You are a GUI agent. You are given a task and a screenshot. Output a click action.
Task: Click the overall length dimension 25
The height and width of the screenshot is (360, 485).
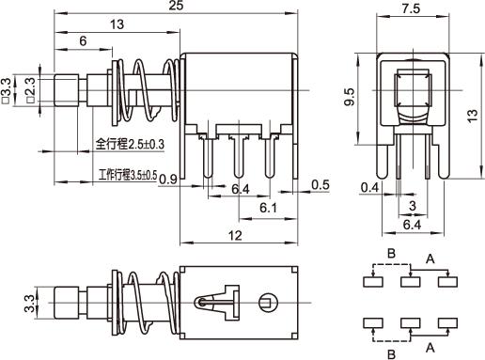pos(176,6)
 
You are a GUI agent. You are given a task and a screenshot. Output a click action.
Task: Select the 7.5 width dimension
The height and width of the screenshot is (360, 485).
pos(411,8)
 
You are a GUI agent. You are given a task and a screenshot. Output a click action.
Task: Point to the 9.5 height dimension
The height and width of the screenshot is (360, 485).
pos(349,97)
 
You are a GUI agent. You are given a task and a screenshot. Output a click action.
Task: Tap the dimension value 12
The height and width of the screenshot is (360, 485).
pos(235,236)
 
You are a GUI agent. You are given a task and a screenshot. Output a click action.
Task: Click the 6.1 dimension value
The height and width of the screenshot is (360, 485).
pos(268,208)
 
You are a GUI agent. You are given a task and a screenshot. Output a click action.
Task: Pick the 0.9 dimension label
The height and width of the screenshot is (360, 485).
pos(168,180)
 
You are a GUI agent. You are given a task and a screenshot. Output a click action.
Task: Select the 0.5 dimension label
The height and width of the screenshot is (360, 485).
pos(321,185)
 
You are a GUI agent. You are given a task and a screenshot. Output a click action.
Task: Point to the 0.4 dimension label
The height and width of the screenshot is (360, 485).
pos(369,187)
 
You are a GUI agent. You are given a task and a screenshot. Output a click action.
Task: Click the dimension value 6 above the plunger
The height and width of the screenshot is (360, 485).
pos(83,41)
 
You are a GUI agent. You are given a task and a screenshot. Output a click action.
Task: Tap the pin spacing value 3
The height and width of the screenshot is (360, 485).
pos(413,206)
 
